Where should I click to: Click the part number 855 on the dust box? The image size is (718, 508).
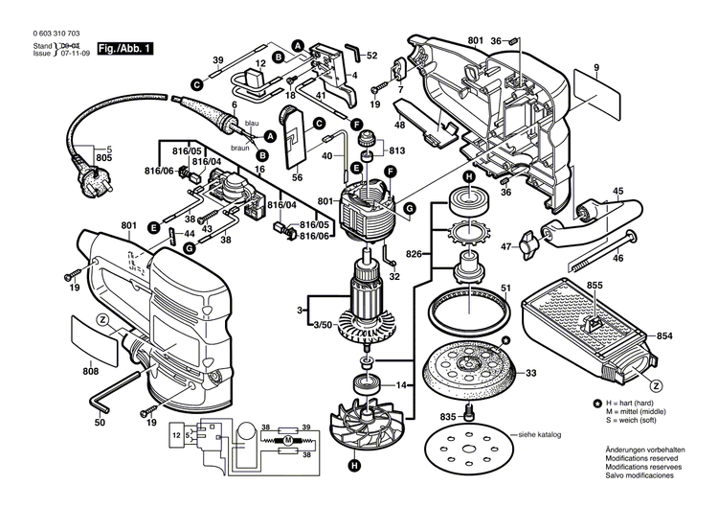595,286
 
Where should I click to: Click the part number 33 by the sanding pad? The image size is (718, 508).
529,372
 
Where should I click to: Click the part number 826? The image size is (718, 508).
414,253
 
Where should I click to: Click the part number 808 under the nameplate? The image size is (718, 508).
91,371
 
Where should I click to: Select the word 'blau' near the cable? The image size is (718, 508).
253,124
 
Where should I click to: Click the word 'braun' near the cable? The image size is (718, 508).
240,150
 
